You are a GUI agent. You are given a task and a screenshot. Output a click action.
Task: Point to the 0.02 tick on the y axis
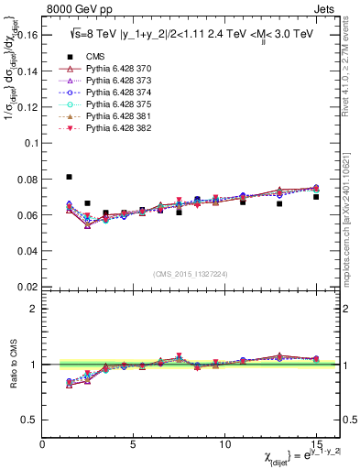click(27, 286)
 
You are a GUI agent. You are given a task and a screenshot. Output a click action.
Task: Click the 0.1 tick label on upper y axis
click(31, 144)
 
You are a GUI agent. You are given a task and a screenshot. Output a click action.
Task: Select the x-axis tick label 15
click(315, 444)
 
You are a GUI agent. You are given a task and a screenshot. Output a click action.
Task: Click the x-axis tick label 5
click(133, 444)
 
